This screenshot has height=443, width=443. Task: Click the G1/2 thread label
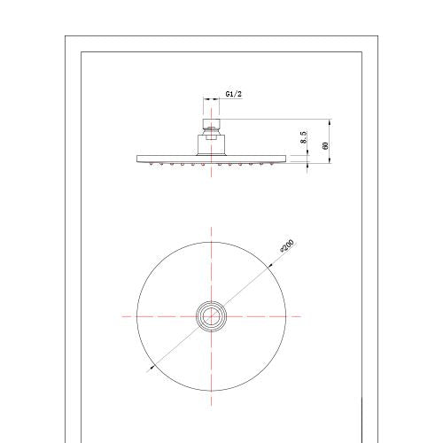[x=234, y=94]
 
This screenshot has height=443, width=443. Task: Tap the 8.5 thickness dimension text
[x=304, y=137]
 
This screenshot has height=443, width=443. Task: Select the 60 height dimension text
[x=325, y=145]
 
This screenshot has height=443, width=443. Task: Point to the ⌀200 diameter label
[x=286, y=246]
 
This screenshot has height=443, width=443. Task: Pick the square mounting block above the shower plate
[x=211, y=144]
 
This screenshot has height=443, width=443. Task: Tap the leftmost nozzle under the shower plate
[x=152, y=164]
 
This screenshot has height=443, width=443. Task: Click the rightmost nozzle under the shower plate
[x=272, y=164]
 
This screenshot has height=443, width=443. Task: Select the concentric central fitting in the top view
[x=211, y=316]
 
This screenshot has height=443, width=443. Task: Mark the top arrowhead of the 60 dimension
[x=330, y=121]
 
